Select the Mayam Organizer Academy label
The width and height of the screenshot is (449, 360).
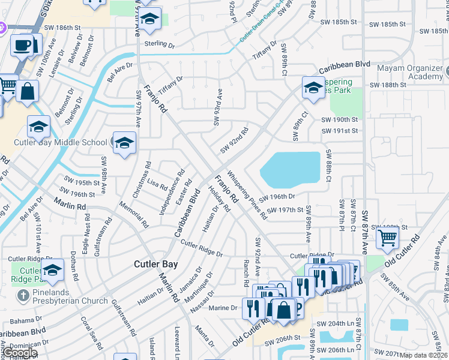(408, 72)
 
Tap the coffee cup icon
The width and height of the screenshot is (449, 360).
(22, 46)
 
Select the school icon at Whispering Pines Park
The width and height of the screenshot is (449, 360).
(313, 88)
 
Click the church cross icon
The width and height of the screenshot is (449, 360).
(22, 295)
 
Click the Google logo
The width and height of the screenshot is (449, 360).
(20, 353)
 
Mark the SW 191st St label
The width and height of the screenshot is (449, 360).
(340, 131)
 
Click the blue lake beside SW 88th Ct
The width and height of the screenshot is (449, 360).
(291, 168)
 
